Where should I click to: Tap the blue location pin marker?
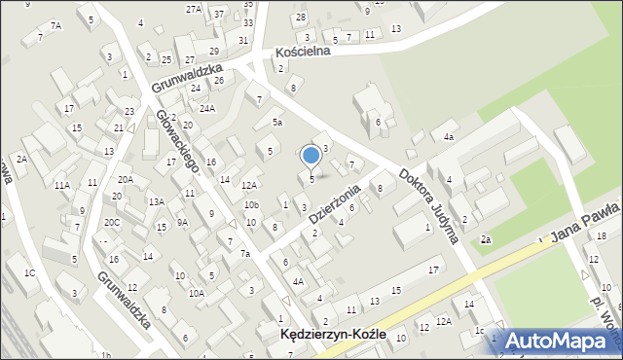(x=311, y=156)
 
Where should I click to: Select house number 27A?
(x=194, y=9)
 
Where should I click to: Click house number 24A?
(x=207, y=108)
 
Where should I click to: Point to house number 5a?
(x=277, y=123)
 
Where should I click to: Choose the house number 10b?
(x=251, y=205)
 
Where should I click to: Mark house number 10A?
(x=196, y=293)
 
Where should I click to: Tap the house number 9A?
(x=182, y=223)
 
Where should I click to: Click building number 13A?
(x=156, y=201)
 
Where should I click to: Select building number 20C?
(x=112, y=223)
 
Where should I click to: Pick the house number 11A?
(x=61, y=185)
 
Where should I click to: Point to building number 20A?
(x=126, y=179)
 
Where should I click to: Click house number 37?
(x=219, y=14)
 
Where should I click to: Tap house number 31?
(x=242, y=40)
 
